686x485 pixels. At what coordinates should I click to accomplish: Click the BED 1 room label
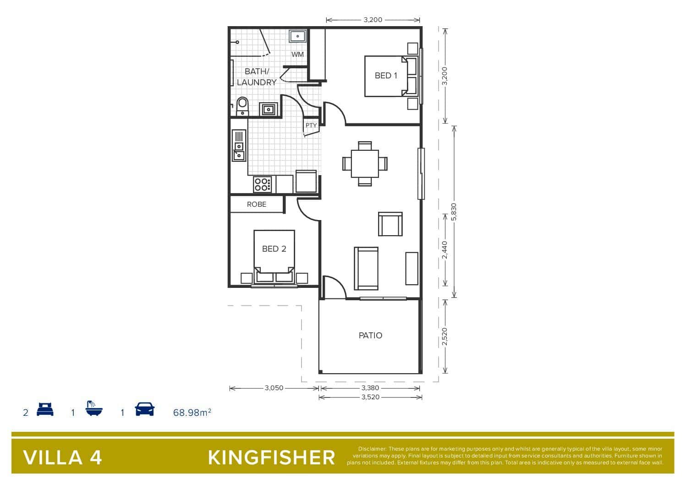386,75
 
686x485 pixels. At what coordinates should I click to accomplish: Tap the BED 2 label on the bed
274,249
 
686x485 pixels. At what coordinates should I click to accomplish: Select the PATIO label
370,336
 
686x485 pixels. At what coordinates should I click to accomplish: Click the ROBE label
257,204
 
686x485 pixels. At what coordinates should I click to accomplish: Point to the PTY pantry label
311,125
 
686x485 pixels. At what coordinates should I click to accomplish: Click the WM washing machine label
297,54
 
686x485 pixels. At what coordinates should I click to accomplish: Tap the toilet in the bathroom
242,106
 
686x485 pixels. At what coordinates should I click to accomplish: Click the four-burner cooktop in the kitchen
262,184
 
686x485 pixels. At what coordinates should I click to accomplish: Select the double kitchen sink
239,145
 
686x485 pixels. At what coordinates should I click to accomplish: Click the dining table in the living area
365,164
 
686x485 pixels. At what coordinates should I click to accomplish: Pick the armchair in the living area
390,224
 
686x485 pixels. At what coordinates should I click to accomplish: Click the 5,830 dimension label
454,212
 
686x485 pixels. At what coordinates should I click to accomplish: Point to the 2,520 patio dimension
445,336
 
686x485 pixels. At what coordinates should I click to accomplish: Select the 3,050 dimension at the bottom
274,388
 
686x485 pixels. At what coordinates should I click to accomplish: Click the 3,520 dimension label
370,397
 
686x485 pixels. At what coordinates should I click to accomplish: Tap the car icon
145,409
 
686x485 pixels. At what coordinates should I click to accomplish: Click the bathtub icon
94,408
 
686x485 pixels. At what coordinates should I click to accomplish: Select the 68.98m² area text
192,413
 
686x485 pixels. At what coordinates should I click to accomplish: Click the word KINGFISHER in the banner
271,458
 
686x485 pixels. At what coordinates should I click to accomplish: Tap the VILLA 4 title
62,458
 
